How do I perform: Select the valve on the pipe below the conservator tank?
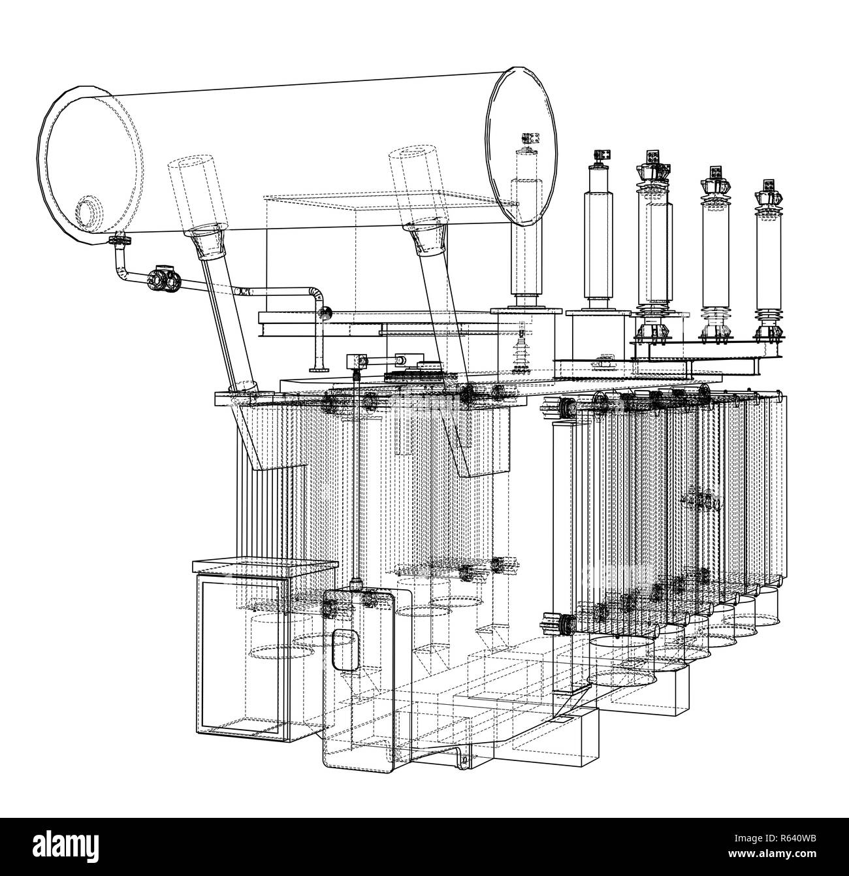162,280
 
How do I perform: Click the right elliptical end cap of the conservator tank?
521,146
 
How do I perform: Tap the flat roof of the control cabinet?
265,566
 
